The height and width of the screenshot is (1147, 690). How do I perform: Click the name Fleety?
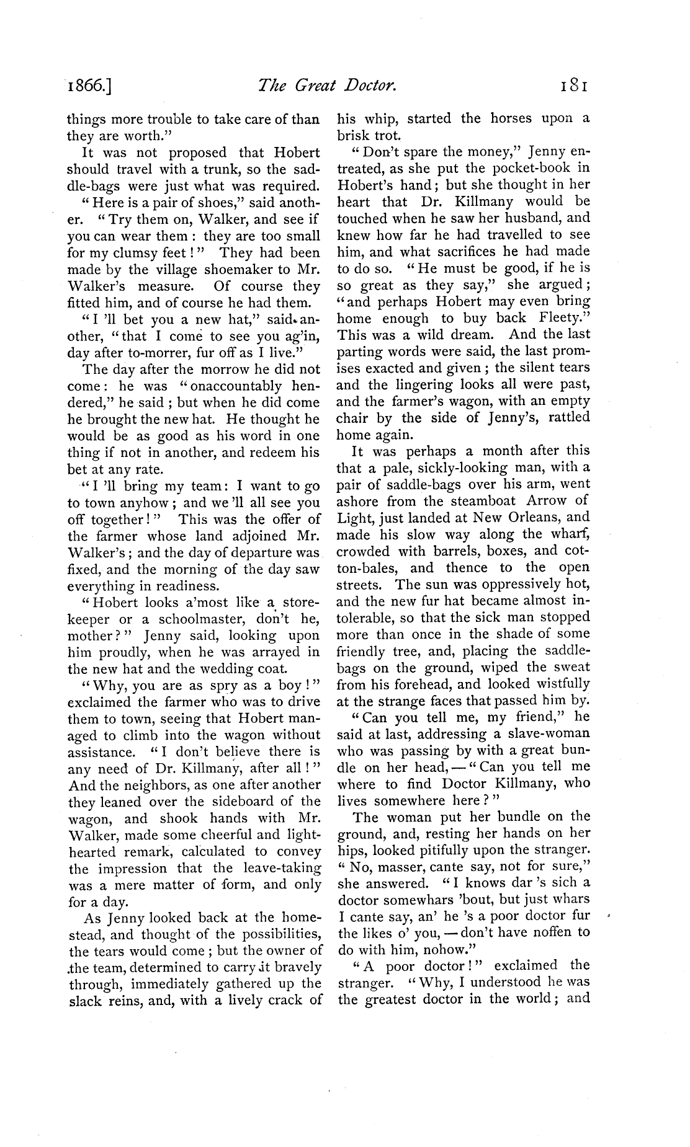pyautogui.click(x=560, y=318)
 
